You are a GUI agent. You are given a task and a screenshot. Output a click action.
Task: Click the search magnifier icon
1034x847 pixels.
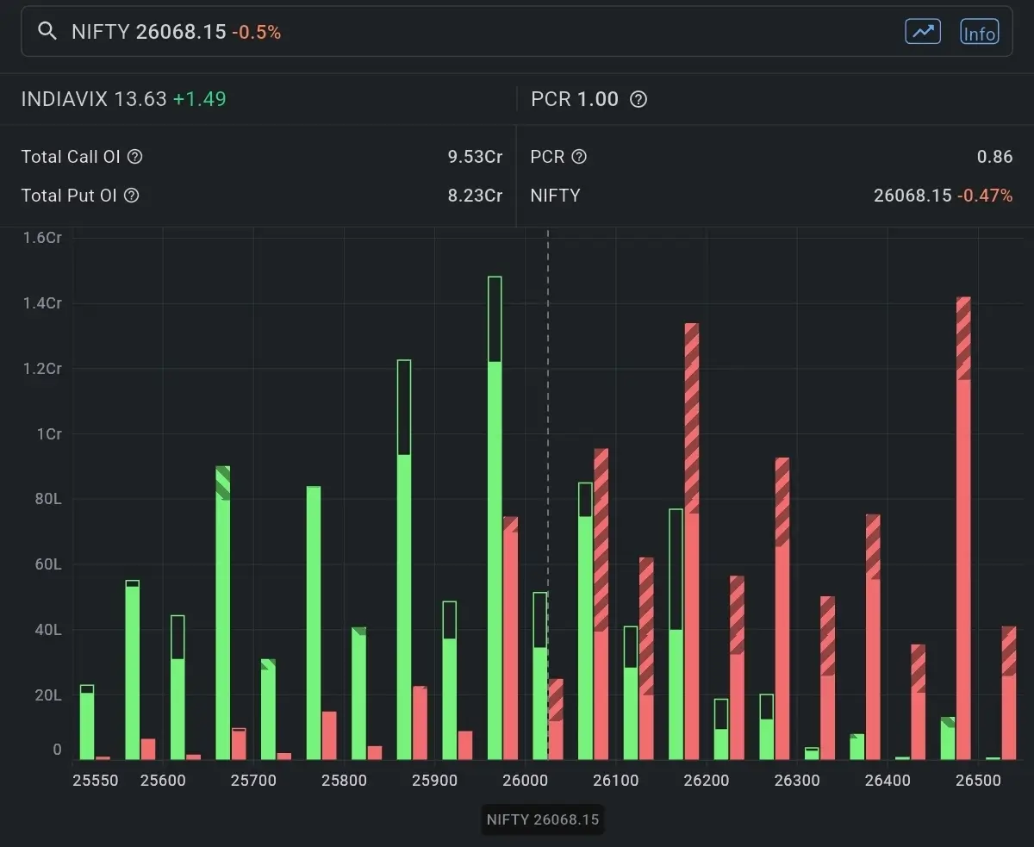click(47, 32)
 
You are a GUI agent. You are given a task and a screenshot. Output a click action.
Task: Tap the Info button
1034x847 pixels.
click(979, 33)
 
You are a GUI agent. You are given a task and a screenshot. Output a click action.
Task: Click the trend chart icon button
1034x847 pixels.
click(922, 32)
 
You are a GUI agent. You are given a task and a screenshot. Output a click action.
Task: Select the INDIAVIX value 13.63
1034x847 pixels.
click(140, 99)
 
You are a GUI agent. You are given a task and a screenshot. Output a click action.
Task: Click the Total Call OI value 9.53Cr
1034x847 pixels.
click(475, 157)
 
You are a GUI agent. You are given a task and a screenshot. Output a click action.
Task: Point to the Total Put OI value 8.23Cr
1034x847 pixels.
click(475, 196)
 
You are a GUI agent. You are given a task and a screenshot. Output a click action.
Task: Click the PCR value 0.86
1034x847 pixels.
click(994, 157)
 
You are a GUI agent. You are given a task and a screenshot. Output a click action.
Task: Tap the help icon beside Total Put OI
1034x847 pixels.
click(131, 196)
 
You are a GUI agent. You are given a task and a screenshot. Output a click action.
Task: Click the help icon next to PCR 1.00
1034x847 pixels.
click(638, 99)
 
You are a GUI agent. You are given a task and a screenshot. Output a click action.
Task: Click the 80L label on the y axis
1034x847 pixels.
click(48, 500)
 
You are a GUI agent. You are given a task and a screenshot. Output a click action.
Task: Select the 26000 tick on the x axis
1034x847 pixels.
click(526, 781)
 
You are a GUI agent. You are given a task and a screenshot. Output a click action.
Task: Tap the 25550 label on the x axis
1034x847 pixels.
click(96, 781)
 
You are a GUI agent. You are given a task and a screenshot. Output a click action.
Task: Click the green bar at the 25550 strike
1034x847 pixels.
click(87, 724)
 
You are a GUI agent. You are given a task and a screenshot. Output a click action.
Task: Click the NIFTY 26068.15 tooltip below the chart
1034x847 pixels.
click(542, 819)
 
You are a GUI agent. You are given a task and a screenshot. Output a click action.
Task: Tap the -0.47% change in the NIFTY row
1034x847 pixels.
click(984, 196)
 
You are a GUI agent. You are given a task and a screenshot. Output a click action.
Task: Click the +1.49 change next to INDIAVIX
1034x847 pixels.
click(199, 99)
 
